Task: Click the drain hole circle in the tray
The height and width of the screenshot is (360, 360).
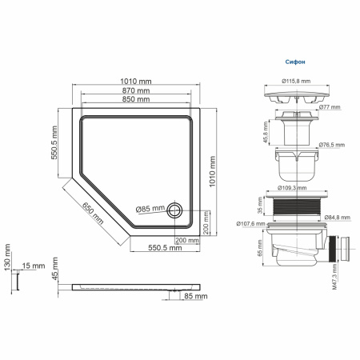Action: coord(174,210)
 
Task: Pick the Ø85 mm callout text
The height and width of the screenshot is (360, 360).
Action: coord(150,210)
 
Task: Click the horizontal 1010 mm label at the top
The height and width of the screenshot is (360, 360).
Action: coord(135,81)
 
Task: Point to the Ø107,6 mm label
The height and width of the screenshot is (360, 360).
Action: coord(252,224)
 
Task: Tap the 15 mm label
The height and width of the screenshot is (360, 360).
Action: coord(33,265)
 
